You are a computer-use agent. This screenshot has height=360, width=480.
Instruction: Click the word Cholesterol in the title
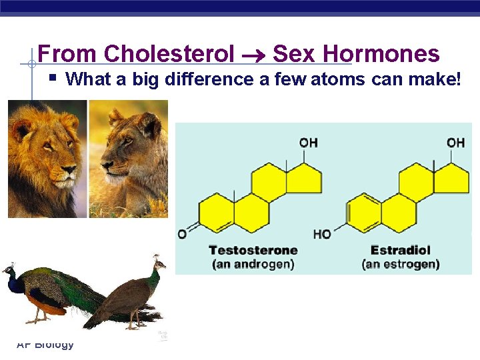(x=169, y=54)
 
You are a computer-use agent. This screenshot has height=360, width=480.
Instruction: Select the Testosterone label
(x=253, y=250)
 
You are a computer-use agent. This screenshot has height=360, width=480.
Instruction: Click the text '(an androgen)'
(x=253, y=264)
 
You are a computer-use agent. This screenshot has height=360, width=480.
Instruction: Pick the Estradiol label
(x=400, y=250)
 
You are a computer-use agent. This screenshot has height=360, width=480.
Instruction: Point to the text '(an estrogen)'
(x=400, y=264)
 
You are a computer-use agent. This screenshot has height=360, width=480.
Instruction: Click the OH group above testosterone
(x=308, y=143)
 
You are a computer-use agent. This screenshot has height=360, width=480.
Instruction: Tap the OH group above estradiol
(x=455, y=143)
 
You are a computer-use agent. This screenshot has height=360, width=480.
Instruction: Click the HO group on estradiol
(x=322, y=234)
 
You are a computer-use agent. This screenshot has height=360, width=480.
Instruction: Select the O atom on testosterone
(x=181, y=234)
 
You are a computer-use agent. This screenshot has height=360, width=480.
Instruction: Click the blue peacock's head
(x=9, y=270)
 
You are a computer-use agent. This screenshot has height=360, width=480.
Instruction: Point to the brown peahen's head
(x=158, y=261)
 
